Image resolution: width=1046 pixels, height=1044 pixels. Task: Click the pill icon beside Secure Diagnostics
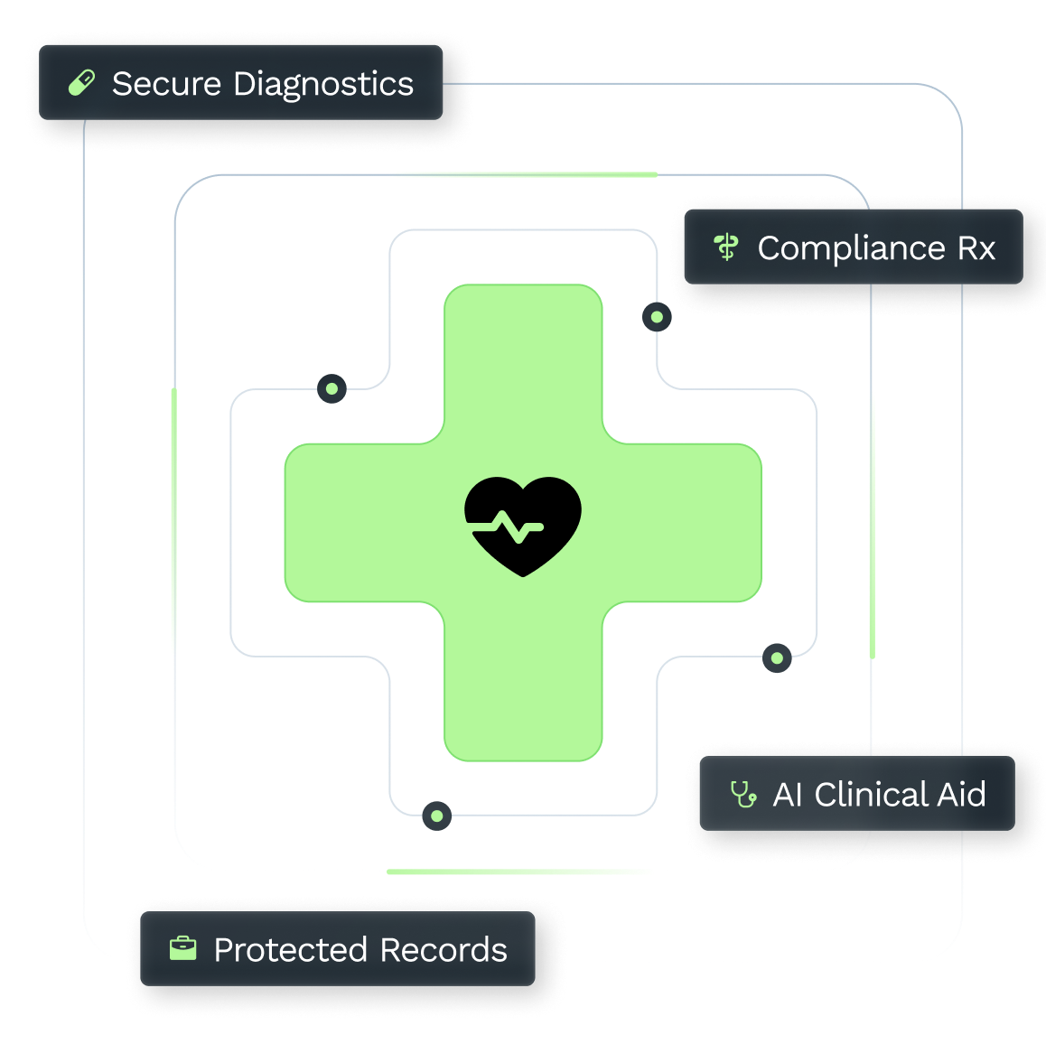[x=81, y=83]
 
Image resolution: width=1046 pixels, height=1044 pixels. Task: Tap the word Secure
[x=166, y=84]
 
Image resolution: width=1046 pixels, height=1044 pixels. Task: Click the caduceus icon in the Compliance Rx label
[x=726, y=247]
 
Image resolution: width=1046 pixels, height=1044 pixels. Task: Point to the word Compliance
[x=851, y=248]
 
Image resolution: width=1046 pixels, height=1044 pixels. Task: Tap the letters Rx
[x=976, y=248]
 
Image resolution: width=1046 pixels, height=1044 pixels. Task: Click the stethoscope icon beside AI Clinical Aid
[x=743, y=794]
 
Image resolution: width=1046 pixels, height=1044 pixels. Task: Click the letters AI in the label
[x=787, y=795]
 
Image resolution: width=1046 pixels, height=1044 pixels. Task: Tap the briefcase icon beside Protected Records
[x=182, y=948]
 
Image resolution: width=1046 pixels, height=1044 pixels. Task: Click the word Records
[x=444, y=949]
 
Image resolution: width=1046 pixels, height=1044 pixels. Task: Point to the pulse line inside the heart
[x=508, y=527]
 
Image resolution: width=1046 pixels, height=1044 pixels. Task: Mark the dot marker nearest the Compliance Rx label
[x=657, y=317]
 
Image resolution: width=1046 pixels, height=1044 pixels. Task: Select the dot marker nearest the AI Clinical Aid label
[x=777, y=658]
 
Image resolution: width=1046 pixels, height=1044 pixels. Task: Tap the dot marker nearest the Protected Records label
[x=437, y=816]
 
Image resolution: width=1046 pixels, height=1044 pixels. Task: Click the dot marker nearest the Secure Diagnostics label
[x=332, y=389]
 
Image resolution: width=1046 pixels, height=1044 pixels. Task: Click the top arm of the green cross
[x=523, y=364]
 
